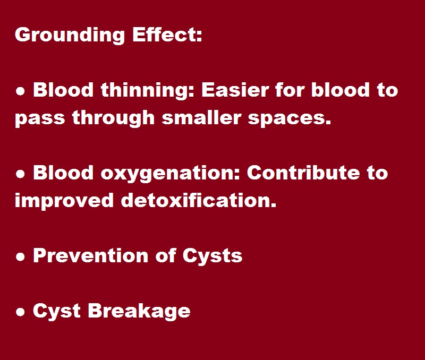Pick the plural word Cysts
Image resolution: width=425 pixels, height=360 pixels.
(212, 256)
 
